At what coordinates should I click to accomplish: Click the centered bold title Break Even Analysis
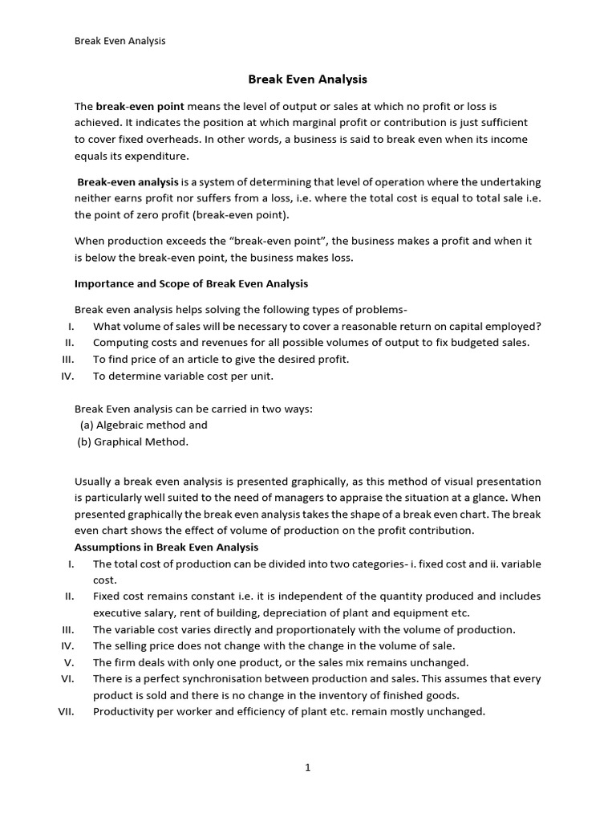(307, 79)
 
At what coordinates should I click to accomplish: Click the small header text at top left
(120, 41)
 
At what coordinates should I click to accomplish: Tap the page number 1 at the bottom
(307, 767)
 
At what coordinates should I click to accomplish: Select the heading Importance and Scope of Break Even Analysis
(191, 283)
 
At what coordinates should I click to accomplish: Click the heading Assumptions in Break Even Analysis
(166, 547)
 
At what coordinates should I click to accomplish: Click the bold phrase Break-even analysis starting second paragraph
(128, 182)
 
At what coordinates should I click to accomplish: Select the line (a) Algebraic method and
(144, 425)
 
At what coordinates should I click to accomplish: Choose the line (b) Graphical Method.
(133, 442)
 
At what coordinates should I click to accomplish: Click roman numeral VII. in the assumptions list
(66, 711)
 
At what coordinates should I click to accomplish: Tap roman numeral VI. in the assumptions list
(67, 678)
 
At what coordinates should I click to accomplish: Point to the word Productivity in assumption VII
(124, 711)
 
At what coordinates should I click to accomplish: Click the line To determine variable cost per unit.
(183, 375)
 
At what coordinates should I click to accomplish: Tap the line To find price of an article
(221, 359)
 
